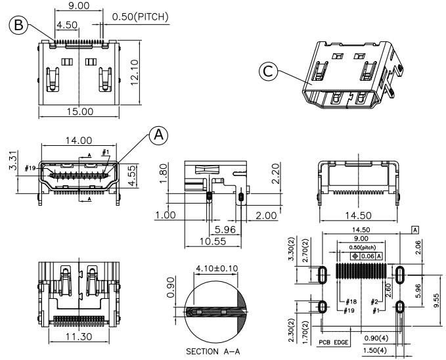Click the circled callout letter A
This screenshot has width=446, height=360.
tap(158, 135)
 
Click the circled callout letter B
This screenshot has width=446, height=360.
tap(19, 26)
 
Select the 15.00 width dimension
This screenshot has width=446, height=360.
tap(80, 112)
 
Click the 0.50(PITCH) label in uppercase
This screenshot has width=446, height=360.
tap(140, 16)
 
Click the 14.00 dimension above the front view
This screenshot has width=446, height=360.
tap(79, 141)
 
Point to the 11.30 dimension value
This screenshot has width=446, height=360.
tap(79, 337)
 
